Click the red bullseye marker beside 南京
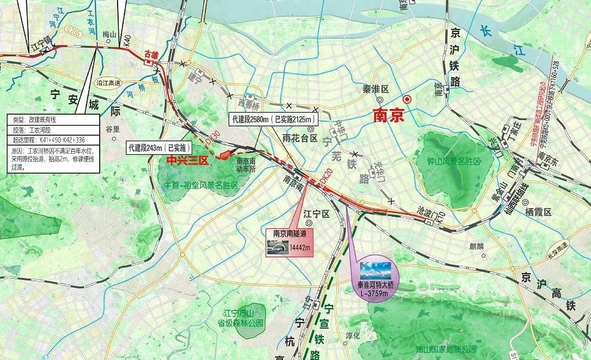pos(407,99)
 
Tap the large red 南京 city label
pos(388,115)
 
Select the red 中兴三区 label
pos(188,160)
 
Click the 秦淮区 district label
pos(376,89)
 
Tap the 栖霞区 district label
pos(539,212)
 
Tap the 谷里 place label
pos(113,130)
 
